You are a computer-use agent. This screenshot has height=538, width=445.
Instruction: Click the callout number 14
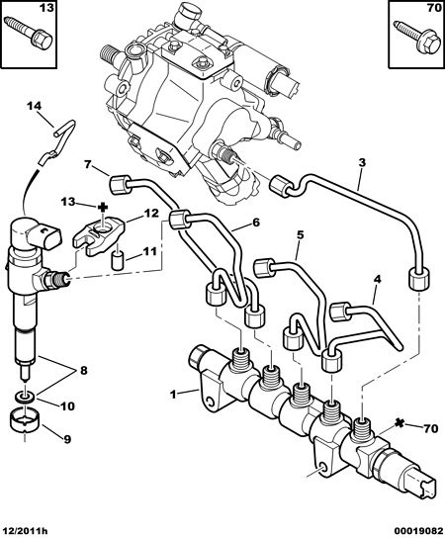34,106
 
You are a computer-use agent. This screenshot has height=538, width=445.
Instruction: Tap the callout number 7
87,165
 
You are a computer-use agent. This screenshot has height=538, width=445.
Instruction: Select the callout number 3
362,162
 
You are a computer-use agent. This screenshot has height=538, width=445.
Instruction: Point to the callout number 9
66,438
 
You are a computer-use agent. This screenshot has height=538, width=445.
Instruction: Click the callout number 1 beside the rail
173,395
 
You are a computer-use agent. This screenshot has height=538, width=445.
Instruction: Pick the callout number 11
149,251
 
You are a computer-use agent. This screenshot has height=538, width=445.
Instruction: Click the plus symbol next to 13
103,207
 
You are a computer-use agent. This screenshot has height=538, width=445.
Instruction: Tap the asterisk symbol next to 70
398,423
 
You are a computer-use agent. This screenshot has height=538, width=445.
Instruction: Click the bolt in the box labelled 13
28,31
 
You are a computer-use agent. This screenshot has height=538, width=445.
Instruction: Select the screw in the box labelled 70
416,36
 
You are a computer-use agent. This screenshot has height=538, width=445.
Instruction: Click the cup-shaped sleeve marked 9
25,420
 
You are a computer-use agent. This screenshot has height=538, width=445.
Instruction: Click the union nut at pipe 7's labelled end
120,184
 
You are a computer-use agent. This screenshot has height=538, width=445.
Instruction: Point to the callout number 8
84,371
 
